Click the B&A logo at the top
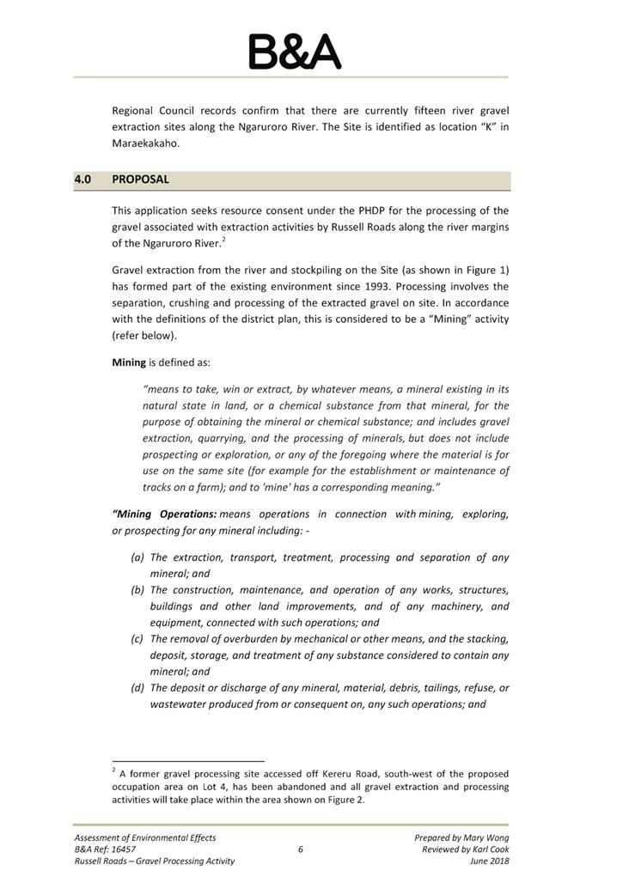294,52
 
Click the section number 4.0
83,180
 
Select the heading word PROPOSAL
140,180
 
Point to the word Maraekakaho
146,143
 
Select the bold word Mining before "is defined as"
129,362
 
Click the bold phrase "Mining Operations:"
164,515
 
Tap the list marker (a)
137,557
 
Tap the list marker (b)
137,590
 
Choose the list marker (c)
137,639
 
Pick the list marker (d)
137,688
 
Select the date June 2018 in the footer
489,861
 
